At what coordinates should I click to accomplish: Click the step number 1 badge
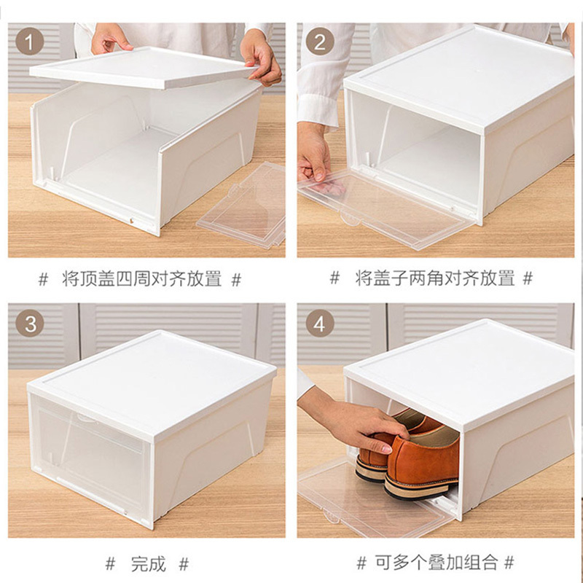click(30, 41)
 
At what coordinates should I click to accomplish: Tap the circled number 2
click(320, 41)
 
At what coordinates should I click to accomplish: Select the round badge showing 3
click(30, 323)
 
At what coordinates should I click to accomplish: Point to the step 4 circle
click(320, 323)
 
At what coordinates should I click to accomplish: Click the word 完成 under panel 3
click(148, 564)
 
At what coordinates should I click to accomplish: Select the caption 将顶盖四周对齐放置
click(141, 279)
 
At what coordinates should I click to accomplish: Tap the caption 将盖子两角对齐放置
click(434, 278)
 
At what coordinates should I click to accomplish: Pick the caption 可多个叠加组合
click(436, 563)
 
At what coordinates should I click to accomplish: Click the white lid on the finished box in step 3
click(152, 383)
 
